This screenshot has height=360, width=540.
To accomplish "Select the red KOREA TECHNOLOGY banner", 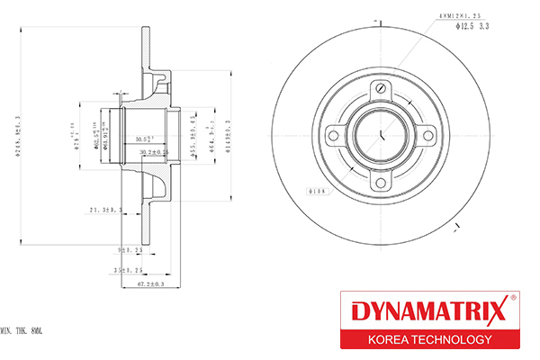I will [427, 339].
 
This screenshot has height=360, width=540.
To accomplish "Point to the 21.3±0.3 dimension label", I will [105, 210].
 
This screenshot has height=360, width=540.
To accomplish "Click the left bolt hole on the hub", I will [334, 136].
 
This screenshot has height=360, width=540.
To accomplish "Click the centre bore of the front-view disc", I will [382, 137].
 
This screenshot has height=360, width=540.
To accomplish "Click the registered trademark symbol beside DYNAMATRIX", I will [512, 298].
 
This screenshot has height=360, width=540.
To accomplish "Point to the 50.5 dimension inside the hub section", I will [143, 140].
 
